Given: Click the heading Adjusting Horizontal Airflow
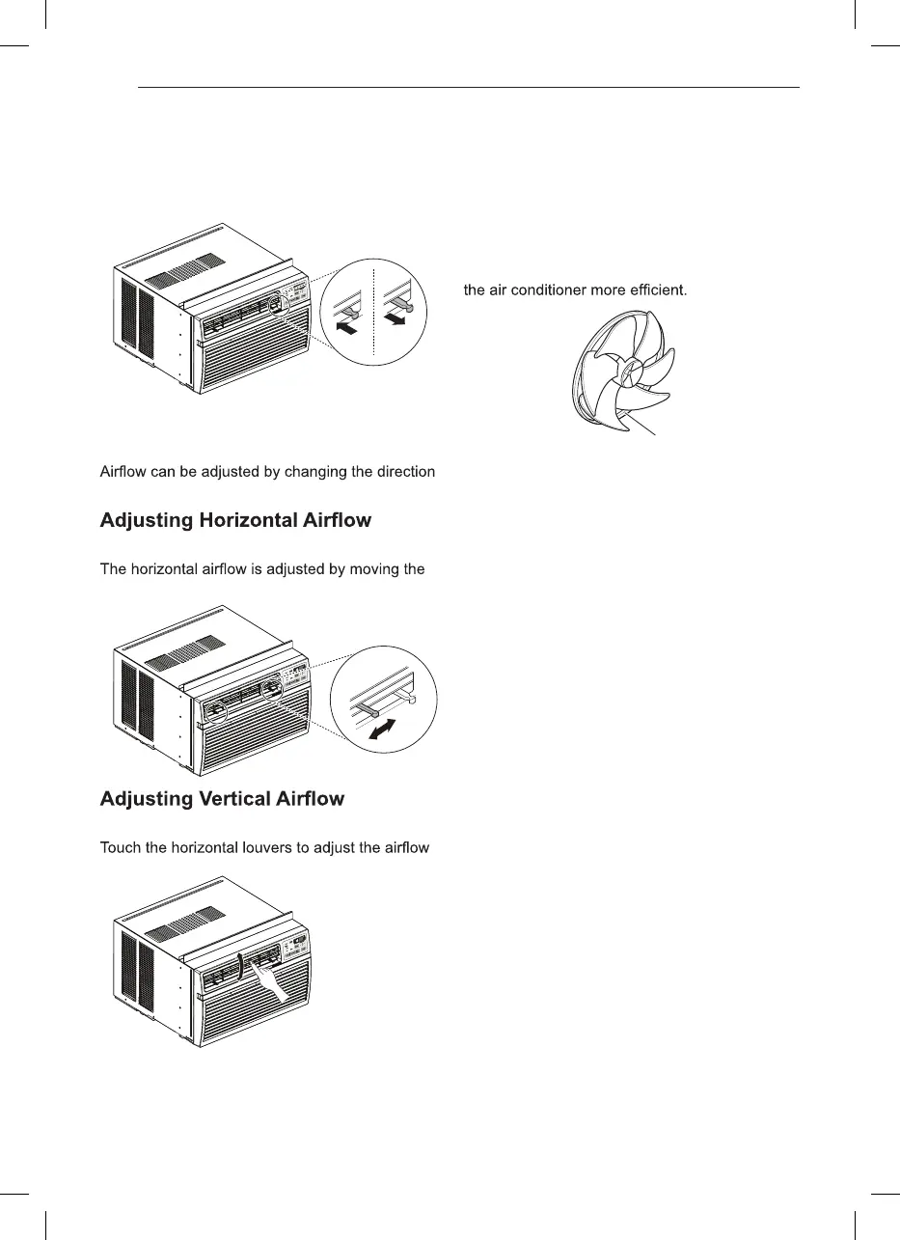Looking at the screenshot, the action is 235,521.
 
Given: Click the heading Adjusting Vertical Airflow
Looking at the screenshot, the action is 222,799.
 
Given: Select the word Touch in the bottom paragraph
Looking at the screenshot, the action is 123,848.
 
